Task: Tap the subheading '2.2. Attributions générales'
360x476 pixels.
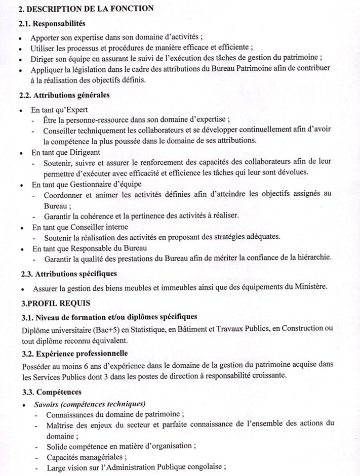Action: point(65,95)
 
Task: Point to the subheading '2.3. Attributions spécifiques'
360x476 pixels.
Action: point(69,274)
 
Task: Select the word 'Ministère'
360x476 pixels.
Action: point(311,288)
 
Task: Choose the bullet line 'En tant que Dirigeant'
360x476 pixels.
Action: point(66,151)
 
